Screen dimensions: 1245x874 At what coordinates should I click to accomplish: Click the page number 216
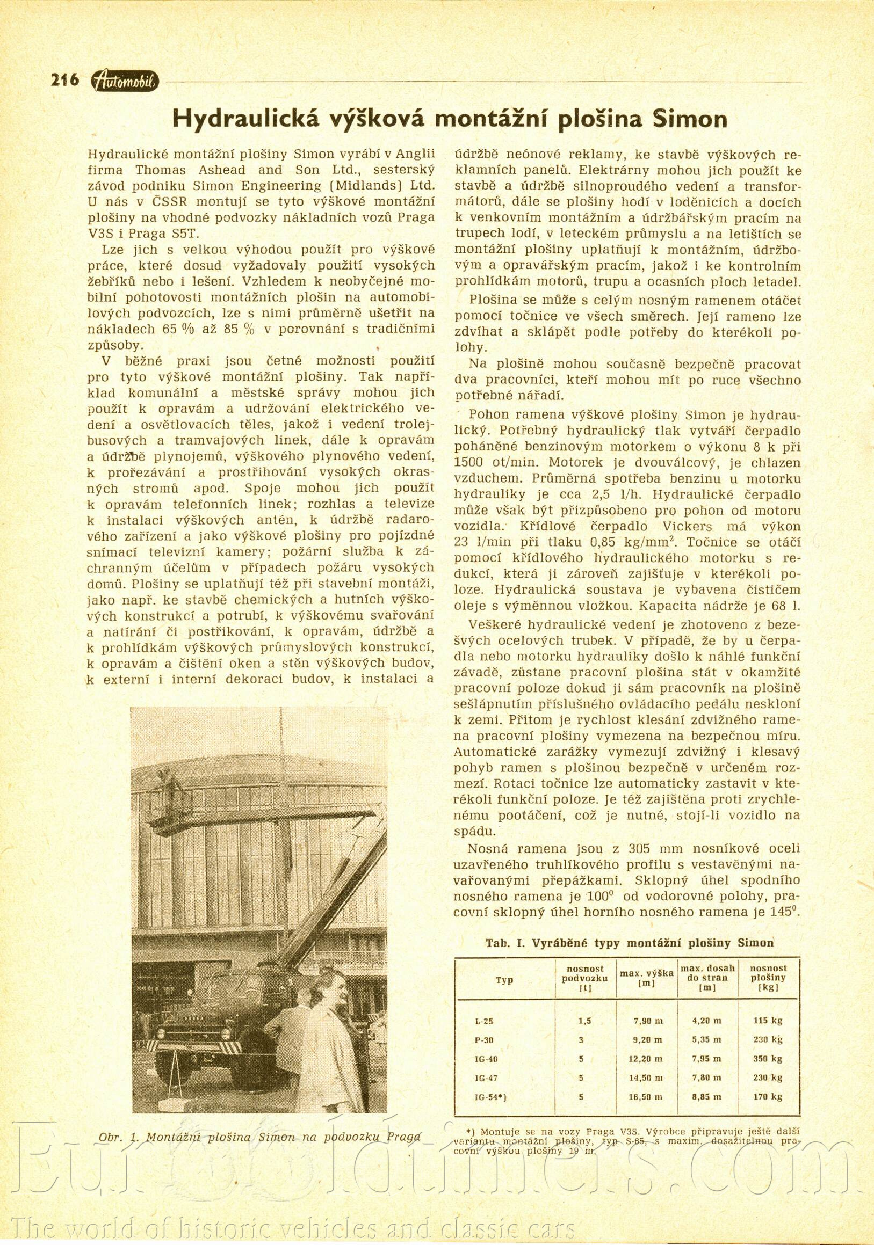coord(64,80)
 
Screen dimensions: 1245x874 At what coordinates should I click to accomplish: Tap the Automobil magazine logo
coord(125,82)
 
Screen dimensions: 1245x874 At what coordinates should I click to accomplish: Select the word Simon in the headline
coord(690,118)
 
